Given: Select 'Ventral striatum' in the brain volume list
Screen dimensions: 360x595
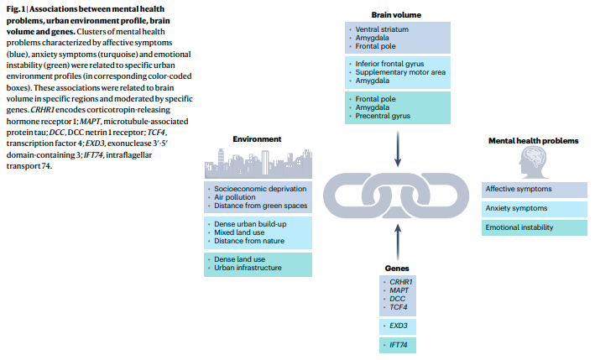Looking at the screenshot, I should (x=381, y=29).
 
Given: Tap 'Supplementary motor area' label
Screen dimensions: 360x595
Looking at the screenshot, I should (x=399, y=73).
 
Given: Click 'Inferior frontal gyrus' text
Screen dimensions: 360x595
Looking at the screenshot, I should (x=392, y=64).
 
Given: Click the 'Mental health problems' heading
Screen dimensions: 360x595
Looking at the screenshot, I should (x=532, y=139).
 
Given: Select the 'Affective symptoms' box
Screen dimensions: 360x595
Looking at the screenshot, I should (x=534, y=189).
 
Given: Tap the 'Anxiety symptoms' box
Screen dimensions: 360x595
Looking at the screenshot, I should (x=534, y=208).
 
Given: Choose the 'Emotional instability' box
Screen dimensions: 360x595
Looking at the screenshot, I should (x=534, y=227).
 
